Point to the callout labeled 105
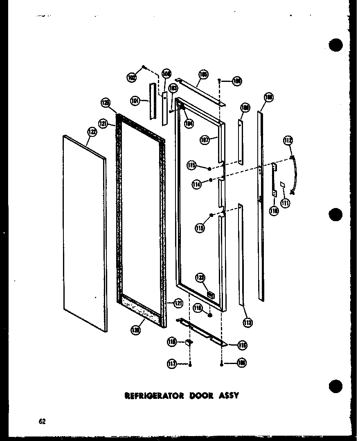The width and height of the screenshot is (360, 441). coord(203,75)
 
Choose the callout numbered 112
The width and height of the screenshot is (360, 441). coord(288,141)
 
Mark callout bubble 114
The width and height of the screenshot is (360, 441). coord(197,185)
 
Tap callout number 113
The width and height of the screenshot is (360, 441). coord(248,323)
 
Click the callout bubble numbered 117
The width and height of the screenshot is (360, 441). coord(172,363)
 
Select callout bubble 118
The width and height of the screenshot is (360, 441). coord(172,341)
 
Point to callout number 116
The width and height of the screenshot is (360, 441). coord(243,345)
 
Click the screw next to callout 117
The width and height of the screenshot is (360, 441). coord(190,364)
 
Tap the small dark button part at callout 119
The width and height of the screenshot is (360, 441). coord(209,315)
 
